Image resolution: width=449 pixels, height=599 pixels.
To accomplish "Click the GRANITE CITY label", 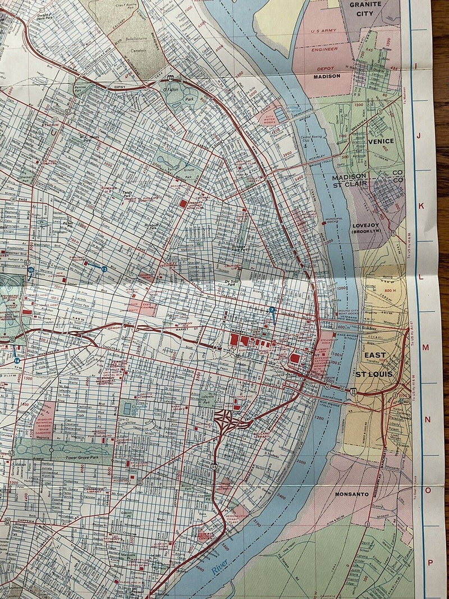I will [x=365, y=9].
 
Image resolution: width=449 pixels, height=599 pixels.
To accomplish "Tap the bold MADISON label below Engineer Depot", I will [x=327, y=76].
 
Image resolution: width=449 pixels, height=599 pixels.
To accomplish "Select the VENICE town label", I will [x=381, y=141].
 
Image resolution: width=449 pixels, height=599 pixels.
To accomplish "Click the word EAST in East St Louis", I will [x=375, y=355].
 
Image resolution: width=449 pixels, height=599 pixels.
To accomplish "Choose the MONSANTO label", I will [x=351, y=494].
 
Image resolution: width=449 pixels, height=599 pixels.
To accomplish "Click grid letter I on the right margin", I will [x=416, y=66].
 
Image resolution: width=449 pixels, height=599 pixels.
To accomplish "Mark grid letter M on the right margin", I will [x=425, y=347].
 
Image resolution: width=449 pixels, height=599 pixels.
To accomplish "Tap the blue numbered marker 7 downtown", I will [x=272, y=310].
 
